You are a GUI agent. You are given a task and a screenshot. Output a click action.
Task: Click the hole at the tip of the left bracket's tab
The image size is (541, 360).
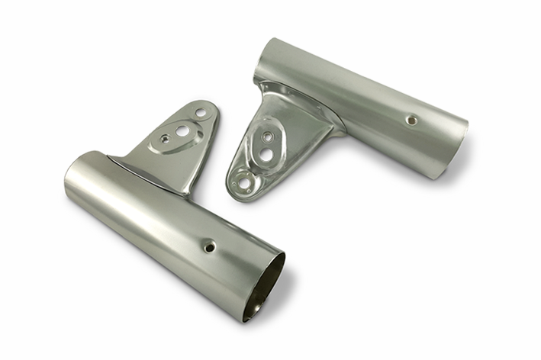200,113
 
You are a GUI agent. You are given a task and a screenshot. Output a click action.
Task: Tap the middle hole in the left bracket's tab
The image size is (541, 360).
182,130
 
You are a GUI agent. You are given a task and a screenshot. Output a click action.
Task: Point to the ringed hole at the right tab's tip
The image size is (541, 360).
244,182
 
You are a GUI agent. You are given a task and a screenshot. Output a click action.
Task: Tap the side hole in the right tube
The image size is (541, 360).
411,120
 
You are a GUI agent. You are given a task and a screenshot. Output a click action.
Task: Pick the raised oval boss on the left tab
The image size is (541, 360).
177,136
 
